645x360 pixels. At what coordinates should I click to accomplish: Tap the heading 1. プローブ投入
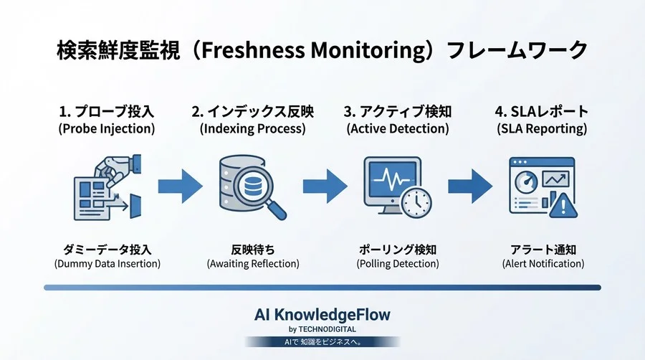pos(107,112)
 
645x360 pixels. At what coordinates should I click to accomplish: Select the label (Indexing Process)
pos(252,129)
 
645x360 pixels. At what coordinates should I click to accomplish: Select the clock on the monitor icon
pos(416,203)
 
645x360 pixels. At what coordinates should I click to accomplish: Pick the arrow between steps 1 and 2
pos(181,186)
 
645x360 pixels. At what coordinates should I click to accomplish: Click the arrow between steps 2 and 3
pos(325,186)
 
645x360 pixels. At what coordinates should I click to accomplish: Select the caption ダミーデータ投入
pos(107,250)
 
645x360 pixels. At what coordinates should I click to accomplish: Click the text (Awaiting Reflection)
pos(252,264)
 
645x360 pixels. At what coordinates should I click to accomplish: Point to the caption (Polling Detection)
pos(397,264)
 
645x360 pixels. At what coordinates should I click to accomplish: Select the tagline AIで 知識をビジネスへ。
pos(322,342)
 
